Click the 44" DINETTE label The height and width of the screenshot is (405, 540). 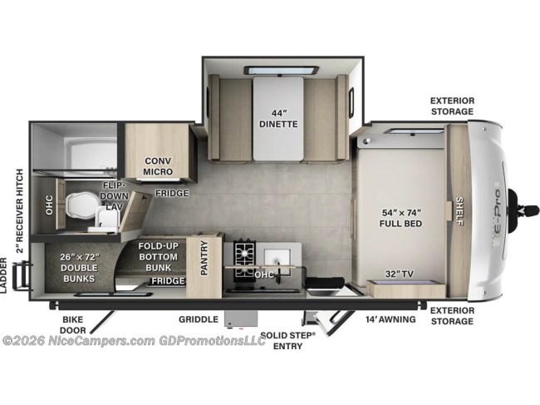(x=278, y=119)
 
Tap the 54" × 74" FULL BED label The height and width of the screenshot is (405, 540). (x=401, y=218)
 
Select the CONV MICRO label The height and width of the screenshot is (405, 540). (x=158, y=166)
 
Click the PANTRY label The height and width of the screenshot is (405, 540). (x=204, y=258)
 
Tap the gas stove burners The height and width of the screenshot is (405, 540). (x=245, y=260)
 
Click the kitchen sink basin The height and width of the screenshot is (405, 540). (x=277, y=258)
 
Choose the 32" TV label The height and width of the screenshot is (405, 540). (x=399, y=274)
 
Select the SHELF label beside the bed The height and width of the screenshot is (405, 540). (x=459, y=211)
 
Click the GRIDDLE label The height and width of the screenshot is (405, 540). (x=199, y=319)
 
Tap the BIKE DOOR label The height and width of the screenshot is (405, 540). (x=73, y=324)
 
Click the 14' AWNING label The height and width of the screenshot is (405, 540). (x=390, y=319)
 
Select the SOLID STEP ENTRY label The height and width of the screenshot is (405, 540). (x=288, y=340)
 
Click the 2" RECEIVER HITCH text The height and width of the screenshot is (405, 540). (x=20, y=211)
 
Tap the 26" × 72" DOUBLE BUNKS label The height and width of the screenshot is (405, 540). (x=79, y=268)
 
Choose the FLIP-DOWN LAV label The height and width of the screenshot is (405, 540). (x=114, y=195)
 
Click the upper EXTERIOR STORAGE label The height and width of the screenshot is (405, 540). (x=452, y=106)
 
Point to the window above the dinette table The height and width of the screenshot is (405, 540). (x=282, y=71)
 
